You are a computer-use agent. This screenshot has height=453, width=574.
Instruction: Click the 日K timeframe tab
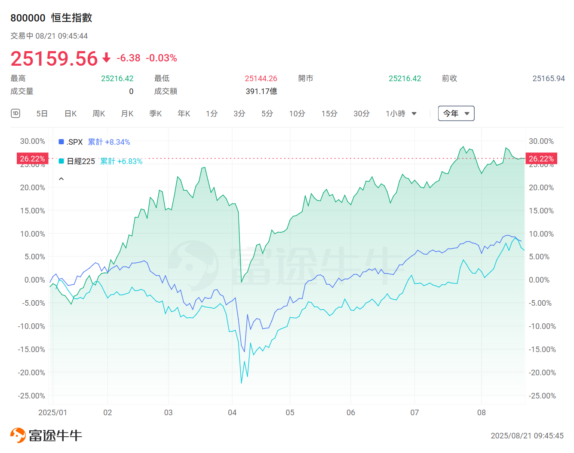point(71,114)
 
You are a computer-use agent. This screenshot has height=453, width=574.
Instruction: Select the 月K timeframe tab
point(127,114)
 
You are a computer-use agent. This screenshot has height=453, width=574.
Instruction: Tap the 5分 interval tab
point(267,114)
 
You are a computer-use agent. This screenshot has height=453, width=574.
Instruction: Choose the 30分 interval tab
point(362,114)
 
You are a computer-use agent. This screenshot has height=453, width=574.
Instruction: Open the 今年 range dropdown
point(456,114)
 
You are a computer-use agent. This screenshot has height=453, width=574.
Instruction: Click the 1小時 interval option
point(401,114)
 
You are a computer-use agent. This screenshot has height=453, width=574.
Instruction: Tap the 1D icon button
point(15,113)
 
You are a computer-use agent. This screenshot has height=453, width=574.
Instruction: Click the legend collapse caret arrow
point(61,179)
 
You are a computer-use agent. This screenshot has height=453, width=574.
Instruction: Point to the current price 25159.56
point(55,58)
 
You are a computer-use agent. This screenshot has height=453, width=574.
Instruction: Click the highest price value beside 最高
point(117,79)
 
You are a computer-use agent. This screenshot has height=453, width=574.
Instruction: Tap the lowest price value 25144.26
point(261,79)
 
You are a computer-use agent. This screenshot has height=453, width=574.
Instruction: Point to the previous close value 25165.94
point(548,79)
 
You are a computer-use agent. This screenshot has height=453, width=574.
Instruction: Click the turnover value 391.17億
point(261,91)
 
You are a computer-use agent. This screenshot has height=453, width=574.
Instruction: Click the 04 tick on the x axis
point(232,413)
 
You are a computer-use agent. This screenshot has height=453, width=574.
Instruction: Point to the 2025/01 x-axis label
point(52,413)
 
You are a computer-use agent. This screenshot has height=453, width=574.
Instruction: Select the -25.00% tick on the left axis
point(31,396)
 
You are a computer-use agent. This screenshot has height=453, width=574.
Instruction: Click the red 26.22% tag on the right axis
point(541,159)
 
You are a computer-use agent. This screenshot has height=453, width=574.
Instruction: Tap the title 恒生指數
point(72,18)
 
